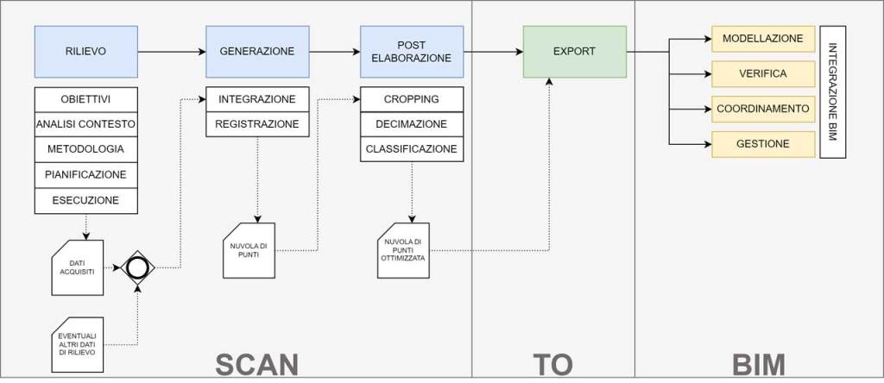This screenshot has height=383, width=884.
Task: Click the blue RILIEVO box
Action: (85, 51)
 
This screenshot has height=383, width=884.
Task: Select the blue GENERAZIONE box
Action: (256, 51)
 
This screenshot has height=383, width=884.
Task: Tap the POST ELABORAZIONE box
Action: (411, 51)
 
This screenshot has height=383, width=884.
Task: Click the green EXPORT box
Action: (574, 51)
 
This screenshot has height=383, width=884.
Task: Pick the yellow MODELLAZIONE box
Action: (762, 39)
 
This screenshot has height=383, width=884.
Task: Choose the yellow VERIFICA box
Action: (762, 74)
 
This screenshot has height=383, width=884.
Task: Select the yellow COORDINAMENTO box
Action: (762, 109)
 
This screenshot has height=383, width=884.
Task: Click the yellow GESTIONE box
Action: (762, 144)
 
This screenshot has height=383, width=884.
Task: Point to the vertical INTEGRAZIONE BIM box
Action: (832, 91)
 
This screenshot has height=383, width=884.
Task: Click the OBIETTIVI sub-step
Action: (85, 98)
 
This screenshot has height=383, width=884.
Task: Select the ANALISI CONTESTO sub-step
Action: (85, 124)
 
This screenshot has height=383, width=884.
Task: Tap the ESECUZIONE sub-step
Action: (85, 201)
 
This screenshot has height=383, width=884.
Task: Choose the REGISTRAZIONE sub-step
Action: (256, 124)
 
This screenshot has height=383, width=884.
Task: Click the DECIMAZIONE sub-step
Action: (411, 124)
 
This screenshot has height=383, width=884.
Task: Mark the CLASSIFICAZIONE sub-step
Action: (411, 149)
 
